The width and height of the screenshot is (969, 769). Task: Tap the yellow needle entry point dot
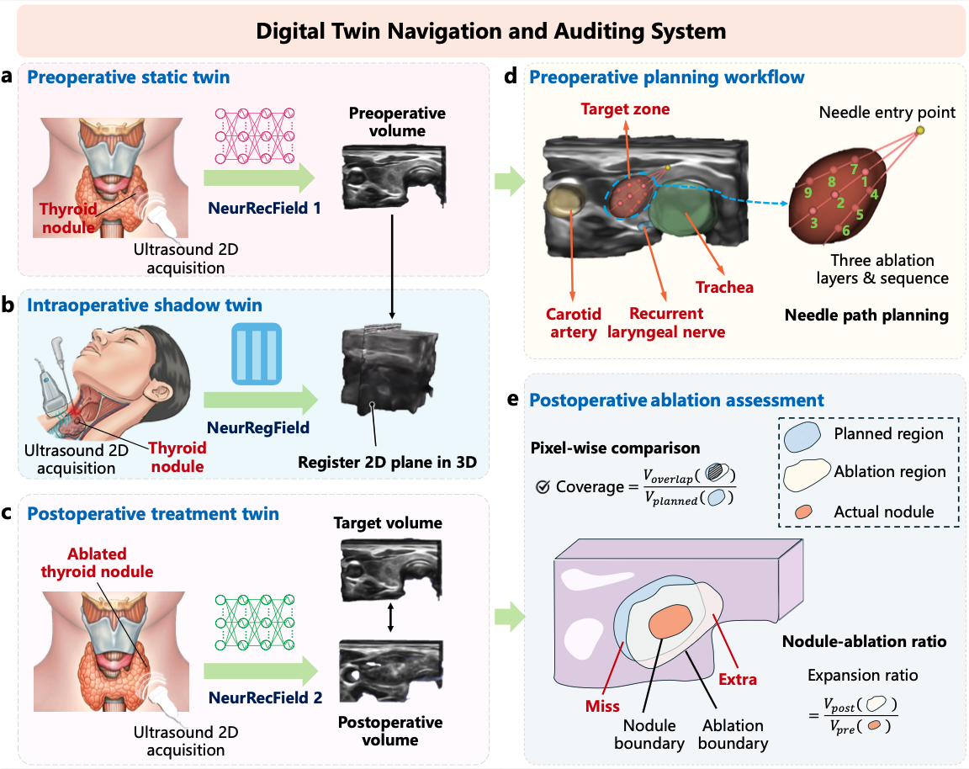(x=919, y=130)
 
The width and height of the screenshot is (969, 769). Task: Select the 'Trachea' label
(x=724, y=288)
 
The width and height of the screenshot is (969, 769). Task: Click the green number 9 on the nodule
(x=807, y=193)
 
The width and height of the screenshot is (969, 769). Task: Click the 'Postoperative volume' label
(x=390, y=731)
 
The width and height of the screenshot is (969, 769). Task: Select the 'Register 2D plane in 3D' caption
(x=388, y=461)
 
